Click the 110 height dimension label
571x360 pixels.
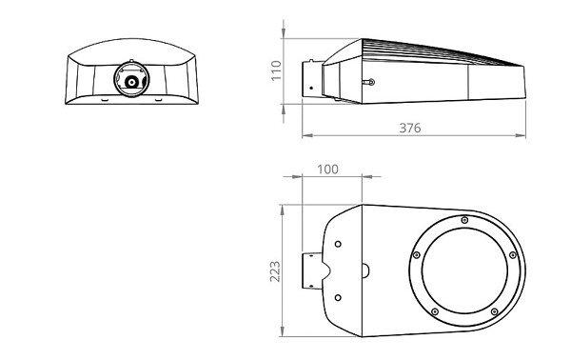(x=276, y=70)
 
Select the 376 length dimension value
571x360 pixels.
(x=410, y=128)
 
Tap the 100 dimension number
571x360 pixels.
(x=327, y=170)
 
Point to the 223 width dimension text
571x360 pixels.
(x=275, y=271)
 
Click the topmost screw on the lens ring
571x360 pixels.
(x=464, y=220)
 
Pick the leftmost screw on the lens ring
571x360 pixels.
(x=417, y=255)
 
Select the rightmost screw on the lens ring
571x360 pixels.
(x=513, y=255)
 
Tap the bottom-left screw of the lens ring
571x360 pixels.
(x=435, y=311)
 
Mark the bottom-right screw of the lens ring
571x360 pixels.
(x=495, y=311)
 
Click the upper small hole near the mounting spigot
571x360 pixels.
(x=338, y=244)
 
